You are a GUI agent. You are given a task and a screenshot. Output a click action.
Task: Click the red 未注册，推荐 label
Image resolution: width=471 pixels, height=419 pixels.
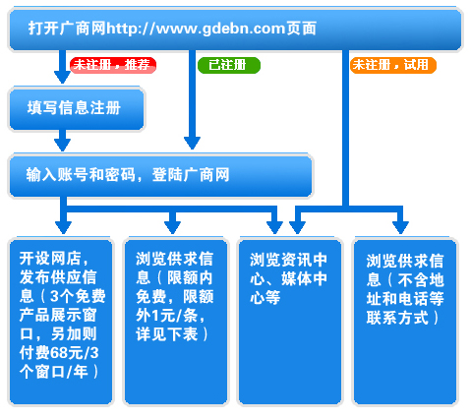tap(113, 65)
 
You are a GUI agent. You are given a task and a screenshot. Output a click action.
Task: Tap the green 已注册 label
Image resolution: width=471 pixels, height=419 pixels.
tap(229, 65)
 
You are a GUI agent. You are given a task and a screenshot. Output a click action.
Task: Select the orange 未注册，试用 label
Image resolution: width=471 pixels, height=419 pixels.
tap(393, 65)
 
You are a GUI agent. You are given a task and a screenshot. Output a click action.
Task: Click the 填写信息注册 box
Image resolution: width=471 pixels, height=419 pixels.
tap(77, 108)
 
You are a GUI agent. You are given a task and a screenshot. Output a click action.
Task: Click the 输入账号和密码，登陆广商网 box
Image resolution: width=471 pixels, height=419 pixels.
tap(160, 175)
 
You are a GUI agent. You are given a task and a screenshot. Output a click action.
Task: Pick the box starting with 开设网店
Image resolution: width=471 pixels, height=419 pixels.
tap(61, 322)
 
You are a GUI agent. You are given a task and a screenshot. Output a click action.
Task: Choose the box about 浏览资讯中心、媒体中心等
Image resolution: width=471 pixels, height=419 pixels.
tap(289, 322)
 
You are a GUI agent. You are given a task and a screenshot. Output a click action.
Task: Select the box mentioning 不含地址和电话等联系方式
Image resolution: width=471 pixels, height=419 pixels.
tap(404, 322)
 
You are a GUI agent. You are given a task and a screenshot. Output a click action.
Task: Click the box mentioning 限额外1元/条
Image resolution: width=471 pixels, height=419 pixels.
tap(175, 322)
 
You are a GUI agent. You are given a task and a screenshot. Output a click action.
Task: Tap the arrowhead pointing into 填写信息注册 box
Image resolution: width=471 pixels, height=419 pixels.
tap(62, 78)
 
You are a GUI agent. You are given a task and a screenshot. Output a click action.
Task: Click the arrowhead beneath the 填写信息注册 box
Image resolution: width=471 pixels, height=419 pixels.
tap(62, 145)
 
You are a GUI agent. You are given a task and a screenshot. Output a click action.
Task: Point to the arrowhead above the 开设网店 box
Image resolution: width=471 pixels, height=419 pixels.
tap(63, 227)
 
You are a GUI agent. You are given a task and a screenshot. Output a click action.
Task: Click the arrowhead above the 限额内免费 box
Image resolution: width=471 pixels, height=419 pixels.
tap(172, 227)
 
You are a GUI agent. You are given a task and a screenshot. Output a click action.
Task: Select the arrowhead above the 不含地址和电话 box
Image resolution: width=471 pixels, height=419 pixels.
tap(400, 227)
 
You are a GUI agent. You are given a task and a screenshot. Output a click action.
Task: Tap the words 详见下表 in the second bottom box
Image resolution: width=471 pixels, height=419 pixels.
tap(167, 334)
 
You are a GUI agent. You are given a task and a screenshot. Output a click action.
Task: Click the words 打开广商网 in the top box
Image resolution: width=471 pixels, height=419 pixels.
tap(67, 29)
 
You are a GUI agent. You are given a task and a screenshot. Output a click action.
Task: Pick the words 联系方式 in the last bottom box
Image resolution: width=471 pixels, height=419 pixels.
tap(397, 318)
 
